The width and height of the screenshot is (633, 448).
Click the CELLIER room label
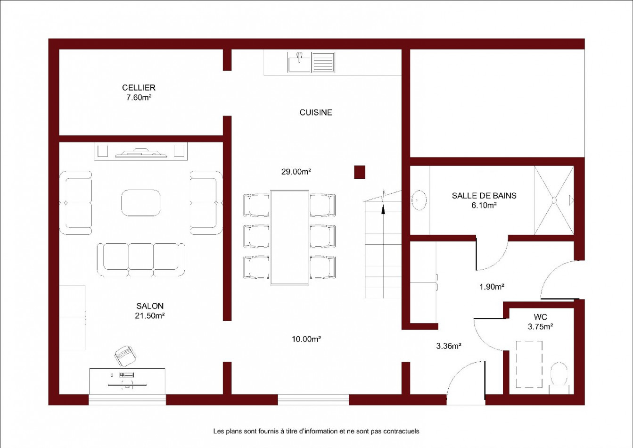point(139,88)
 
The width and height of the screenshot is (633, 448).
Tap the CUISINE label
point(316,113)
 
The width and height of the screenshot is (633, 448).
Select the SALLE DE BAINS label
point(484,196)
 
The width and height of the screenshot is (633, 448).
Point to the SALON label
point(150,306)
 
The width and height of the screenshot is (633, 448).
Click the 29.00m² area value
point(296,172)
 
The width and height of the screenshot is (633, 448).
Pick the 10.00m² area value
point(306,339)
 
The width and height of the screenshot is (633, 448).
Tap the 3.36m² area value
point(449,346)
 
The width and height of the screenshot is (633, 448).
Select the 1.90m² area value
point(492,287)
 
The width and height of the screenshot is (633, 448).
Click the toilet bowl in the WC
point(559,374)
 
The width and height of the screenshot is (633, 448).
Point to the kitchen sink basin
point(299,62)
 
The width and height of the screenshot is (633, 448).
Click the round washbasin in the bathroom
point(419,200)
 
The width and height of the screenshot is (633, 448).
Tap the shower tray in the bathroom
point(554,200)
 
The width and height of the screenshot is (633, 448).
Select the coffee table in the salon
point(141,203)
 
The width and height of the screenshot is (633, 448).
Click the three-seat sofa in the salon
point(141,259)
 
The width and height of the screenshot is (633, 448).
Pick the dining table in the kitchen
point(290,237)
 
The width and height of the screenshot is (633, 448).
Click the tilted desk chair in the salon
point(125,356)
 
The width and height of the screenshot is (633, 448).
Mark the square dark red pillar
point(360,172)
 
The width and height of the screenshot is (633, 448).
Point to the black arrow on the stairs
point(383,209)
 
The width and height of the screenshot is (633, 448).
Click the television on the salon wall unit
point(141,153)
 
